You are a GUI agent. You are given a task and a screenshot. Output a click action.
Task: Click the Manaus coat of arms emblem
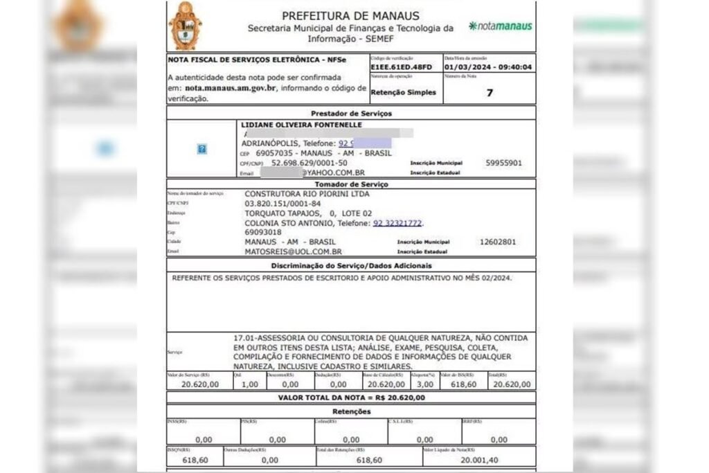point(185,26)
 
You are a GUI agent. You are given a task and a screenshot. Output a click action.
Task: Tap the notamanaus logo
point(500,26)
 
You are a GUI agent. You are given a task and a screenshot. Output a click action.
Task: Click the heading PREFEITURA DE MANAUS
point(351,16)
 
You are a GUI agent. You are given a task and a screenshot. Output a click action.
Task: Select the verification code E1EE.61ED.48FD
point(402,67)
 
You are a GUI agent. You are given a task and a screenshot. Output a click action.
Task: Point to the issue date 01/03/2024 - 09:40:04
point(488,67)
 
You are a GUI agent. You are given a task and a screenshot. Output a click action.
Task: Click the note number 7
point(490,92)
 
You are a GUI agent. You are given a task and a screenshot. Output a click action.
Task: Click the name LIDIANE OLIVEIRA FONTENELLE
point(301,125)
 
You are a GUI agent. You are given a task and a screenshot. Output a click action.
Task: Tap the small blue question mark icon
point(201,149)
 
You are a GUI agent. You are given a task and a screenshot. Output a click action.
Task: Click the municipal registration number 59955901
point(503,163)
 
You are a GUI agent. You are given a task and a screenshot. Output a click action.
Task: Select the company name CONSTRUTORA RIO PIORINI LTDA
point(307,195)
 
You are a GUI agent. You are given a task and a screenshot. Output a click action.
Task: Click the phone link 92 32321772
point(397,224)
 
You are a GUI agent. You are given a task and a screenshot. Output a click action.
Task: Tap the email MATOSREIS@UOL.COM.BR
point(294,252)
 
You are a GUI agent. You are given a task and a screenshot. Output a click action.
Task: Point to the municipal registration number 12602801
point(498,242)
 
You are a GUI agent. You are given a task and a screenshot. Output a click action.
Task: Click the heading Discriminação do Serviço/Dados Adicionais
point(351,266)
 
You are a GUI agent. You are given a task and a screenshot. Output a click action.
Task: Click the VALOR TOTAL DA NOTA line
point(351,398)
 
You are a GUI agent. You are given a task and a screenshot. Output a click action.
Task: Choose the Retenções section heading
point(351,411)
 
